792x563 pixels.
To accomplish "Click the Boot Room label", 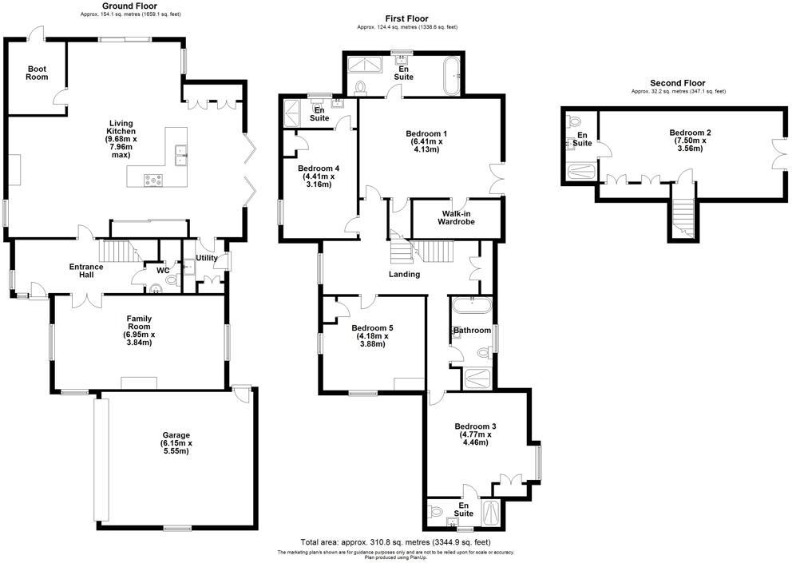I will pyautogui.click(x=37, y=73).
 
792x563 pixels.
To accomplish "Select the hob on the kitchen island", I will pyautogui.click(x=152, y=180).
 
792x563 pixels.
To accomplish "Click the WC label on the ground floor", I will pyautogui.click(x=163, y=270).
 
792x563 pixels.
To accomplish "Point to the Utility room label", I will pyautogui.click(x=207, y=258).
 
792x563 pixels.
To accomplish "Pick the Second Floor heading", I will pyautogui.click(x=677, y=83).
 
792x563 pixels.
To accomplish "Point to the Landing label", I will pyautogui.click(x=404, y=274).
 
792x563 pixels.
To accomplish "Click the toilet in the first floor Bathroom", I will pyautogui.click(x=482, y=352).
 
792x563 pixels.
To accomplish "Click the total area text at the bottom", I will pyautogui.click(x=395, y=541).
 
